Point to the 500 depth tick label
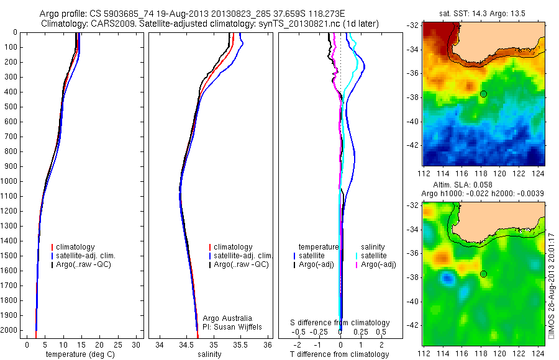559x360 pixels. click(11, 107)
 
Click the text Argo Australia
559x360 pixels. click(227, 318)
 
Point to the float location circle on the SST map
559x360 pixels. click(483, 93)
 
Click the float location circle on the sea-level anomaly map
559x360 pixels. click(483, 274)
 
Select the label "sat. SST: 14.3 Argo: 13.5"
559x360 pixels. click(483, 14)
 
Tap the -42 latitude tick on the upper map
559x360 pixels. click(414, 145)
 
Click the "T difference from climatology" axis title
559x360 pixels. click(340, 354)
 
